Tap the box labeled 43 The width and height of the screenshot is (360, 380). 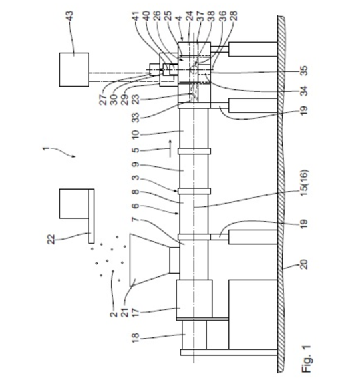74,69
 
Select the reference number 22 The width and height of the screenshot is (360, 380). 51,240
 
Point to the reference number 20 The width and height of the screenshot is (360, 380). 304,264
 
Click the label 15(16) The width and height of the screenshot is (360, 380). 304,183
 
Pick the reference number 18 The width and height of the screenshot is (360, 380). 136,337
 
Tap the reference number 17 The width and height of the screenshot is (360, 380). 136,312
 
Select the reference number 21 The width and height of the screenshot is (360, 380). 124,312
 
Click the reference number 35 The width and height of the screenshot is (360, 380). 304,71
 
